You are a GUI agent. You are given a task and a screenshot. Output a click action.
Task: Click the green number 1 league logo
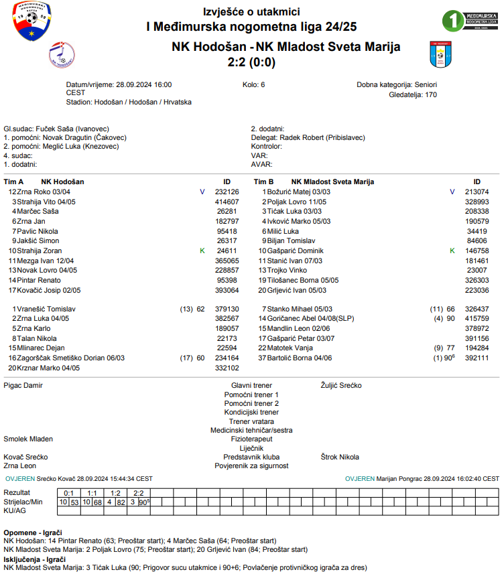point(453,21)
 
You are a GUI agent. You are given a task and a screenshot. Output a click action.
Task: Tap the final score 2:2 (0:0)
point(251,62)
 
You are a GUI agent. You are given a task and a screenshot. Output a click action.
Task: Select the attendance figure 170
point(431,94)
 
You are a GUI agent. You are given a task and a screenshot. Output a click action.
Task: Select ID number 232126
point(227,192)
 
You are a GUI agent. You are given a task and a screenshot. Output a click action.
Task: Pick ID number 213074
point(477,192)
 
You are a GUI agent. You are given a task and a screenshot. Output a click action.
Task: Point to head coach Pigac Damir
point(23,386)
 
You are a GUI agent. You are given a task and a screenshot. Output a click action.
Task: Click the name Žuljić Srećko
point(341,386)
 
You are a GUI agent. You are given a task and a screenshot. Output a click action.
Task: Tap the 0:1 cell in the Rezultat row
point(69,493)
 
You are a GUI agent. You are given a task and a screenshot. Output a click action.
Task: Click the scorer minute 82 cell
point(121,502)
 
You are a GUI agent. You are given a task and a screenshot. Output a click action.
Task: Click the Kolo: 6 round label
point(253,85)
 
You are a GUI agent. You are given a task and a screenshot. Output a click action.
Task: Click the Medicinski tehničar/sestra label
point(251,430)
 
